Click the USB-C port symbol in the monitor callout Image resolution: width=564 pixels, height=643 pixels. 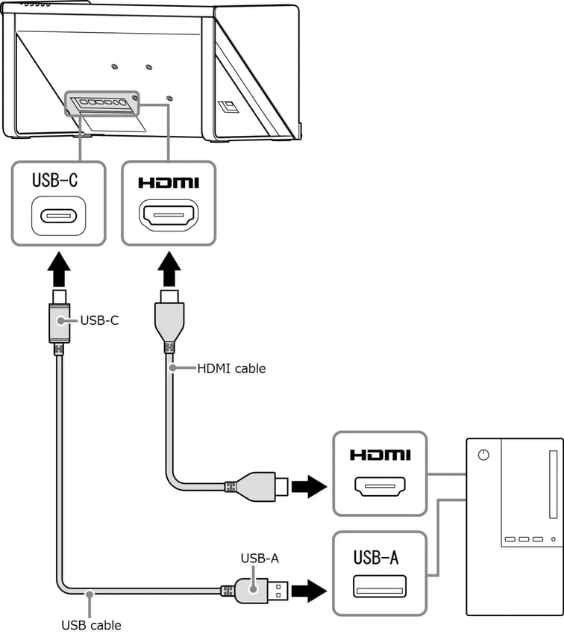pos(59,217)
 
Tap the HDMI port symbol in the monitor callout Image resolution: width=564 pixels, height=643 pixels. pos(169,217)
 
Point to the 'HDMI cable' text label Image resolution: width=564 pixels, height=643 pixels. pos(231,368)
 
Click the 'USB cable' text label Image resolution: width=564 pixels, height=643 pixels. pos(91,624)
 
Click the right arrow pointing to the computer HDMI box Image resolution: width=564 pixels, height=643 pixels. pos(307,488)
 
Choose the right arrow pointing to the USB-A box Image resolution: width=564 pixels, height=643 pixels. pos(307,591)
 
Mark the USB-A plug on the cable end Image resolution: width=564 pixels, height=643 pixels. pos(257,591)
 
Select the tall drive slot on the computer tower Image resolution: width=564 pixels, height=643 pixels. pos(553,485)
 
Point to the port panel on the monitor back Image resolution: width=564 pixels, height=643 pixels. pos(102,104)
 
